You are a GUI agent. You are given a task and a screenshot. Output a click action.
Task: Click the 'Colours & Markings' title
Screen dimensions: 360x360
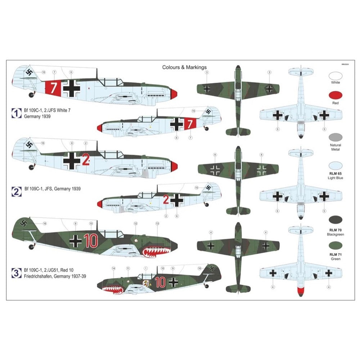(x=184, y=67)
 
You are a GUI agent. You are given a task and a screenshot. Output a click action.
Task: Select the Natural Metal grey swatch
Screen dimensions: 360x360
(x=336, y=138)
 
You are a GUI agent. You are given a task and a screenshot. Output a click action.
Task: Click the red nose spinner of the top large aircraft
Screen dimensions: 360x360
(x=173, y=94)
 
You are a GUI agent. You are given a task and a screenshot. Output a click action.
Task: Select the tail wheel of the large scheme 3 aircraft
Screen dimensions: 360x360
(x=31, y=247)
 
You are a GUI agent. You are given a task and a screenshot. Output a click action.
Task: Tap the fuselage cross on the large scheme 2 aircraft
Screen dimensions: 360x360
(x=72, y=160)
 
